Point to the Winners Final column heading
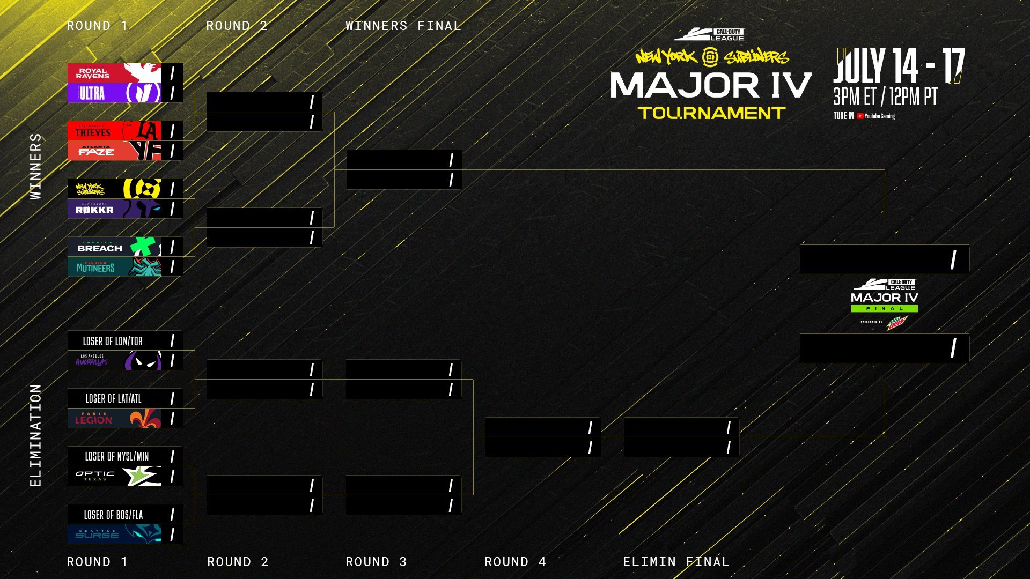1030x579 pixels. tap(403, 26)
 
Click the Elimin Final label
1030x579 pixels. tap(676, 562)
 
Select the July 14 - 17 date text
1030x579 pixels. tap(899, 66)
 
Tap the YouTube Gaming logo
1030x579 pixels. tap(876, 116)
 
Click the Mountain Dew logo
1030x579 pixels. tap(896, 323)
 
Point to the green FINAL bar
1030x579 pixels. tap(884, 308)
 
